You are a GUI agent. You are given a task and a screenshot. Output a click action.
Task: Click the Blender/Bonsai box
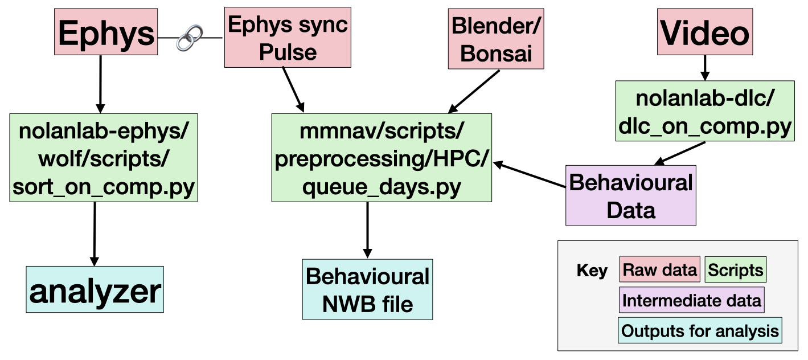click(x=496, y=39)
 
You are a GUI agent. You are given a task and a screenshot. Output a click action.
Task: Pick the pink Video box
click(x=705, y=33)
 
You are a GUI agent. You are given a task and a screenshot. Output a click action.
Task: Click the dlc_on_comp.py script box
click(x=704, y=111)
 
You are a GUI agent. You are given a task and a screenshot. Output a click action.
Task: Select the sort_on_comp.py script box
click(x=104, y=157)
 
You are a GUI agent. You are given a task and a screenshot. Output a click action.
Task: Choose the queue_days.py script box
click(x=382, y=157)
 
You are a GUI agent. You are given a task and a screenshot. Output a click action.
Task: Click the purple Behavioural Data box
click(x=630, y=195)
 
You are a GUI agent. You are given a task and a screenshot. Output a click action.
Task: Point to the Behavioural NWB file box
click(x=367, y=289)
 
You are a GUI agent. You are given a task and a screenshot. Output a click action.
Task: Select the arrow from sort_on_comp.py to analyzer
click(x=94, y=234)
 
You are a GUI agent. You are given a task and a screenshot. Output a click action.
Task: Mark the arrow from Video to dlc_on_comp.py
click(x=705, y=67)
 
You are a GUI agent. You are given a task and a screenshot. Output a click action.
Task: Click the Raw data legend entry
click(x=659, y=269)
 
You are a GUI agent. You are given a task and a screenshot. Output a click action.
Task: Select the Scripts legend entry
click(x=736, y=269)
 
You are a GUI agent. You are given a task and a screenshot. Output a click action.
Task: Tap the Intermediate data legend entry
click(x=691, y=300)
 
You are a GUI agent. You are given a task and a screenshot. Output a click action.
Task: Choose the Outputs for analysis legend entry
click(x=700, y=331)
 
